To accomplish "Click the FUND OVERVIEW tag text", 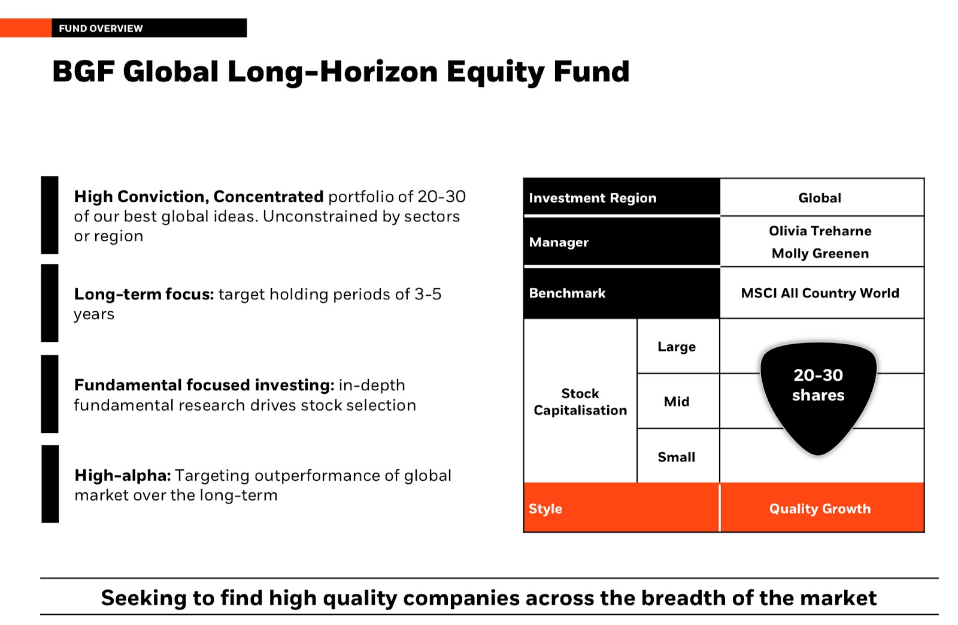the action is [x=101, y=28].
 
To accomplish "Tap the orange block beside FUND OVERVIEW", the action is [x=26, y=28].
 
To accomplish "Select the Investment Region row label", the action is [x=592, y=198].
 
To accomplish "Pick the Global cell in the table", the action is [x=820, y=198].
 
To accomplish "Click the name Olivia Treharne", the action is [x=820, y=231].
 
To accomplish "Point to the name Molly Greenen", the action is [x=820, y=253].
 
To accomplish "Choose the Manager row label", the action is [x=559, y=242].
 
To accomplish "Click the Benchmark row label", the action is [x=567, y=293].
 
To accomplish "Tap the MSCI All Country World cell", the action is [x=820, y=293].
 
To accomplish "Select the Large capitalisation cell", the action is [x=677, y=346].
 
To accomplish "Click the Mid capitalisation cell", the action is [x=677, y=402].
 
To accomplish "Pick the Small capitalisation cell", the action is [x=676, y=457].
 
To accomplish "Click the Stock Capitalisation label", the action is [x=580, y=402].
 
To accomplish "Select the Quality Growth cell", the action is [x=820, y=509].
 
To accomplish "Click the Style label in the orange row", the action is [x=545, y=509].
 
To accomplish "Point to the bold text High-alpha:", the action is [x=123, y=475].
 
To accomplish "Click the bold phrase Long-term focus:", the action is [x=144, y=294].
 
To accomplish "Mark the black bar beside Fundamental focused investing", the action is [x=50, y=394].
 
